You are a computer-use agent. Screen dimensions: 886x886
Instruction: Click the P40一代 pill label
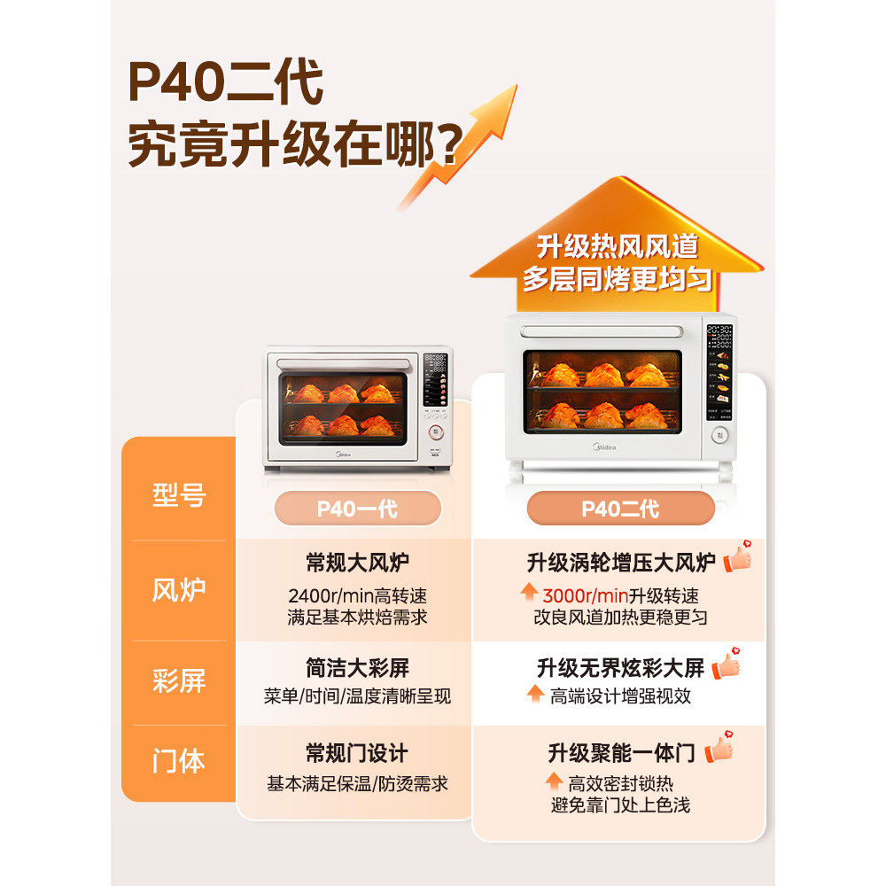coord(357,509)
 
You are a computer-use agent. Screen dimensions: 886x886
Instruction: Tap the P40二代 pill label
coord(620,509)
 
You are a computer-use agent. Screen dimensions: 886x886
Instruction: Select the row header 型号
coord(179,495)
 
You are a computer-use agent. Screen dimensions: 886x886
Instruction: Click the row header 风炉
coord(179,590)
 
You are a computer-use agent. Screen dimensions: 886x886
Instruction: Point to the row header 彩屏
coord(179,680)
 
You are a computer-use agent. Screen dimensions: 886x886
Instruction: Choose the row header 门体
coord(179,761)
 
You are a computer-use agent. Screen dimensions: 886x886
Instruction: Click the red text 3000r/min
coord(585,595)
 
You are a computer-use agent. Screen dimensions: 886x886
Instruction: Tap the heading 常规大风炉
coord(357,563)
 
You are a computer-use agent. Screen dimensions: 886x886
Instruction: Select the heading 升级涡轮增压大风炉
coord(620,563)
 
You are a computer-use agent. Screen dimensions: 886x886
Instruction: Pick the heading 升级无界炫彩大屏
coord(620,667)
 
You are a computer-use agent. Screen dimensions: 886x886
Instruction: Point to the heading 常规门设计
coord(357,754)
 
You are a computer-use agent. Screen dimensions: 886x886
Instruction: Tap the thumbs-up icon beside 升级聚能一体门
coord(719,750)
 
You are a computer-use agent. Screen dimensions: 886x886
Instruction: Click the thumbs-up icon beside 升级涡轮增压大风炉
coord(737,557)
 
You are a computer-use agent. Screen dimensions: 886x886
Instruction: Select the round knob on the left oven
coord(436,433)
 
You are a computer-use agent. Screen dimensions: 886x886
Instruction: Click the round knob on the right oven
coord(719,435)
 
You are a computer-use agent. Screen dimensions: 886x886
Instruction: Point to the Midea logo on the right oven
coord(603,447)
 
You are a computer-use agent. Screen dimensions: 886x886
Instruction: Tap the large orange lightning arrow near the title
coord(461,146)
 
